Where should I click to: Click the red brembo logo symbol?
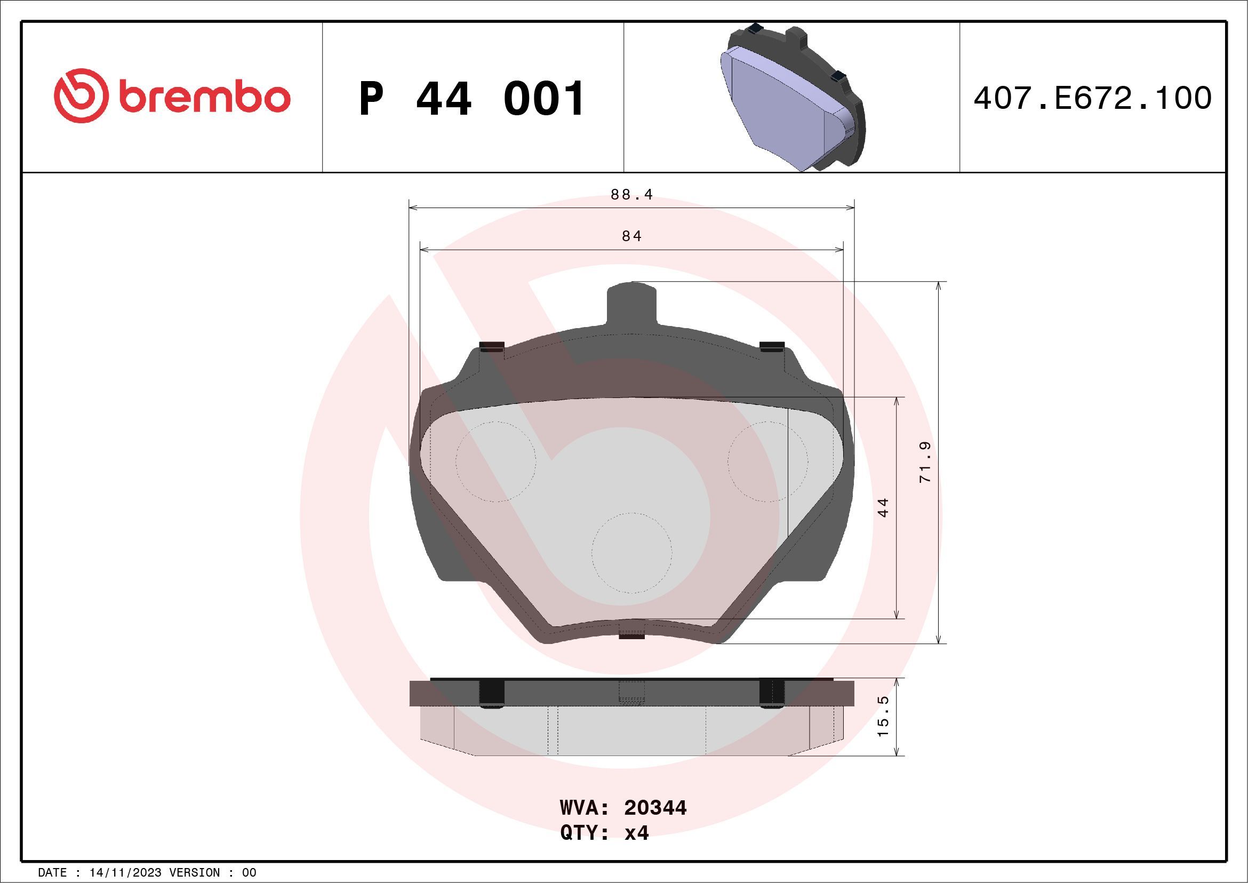pos(78,96)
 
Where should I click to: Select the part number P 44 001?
pos(471,99)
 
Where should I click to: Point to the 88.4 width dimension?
pos(631,195)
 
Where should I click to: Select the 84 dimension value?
pos(631,236)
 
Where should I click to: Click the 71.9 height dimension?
pos(925,462)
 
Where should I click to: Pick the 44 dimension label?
pos(883,507)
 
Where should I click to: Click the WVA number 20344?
pos(655,808)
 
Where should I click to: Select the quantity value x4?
pos(636,833)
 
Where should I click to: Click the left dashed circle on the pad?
pos(495,461)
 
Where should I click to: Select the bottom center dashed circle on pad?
pos(631,552)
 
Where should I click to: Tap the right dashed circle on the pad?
pos(767,461)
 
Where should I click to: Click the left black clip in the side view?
pos(492,694)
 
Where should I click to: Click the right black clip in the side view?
pos(771,694)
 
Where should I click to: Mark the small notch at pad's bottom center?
pos(631,635)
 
